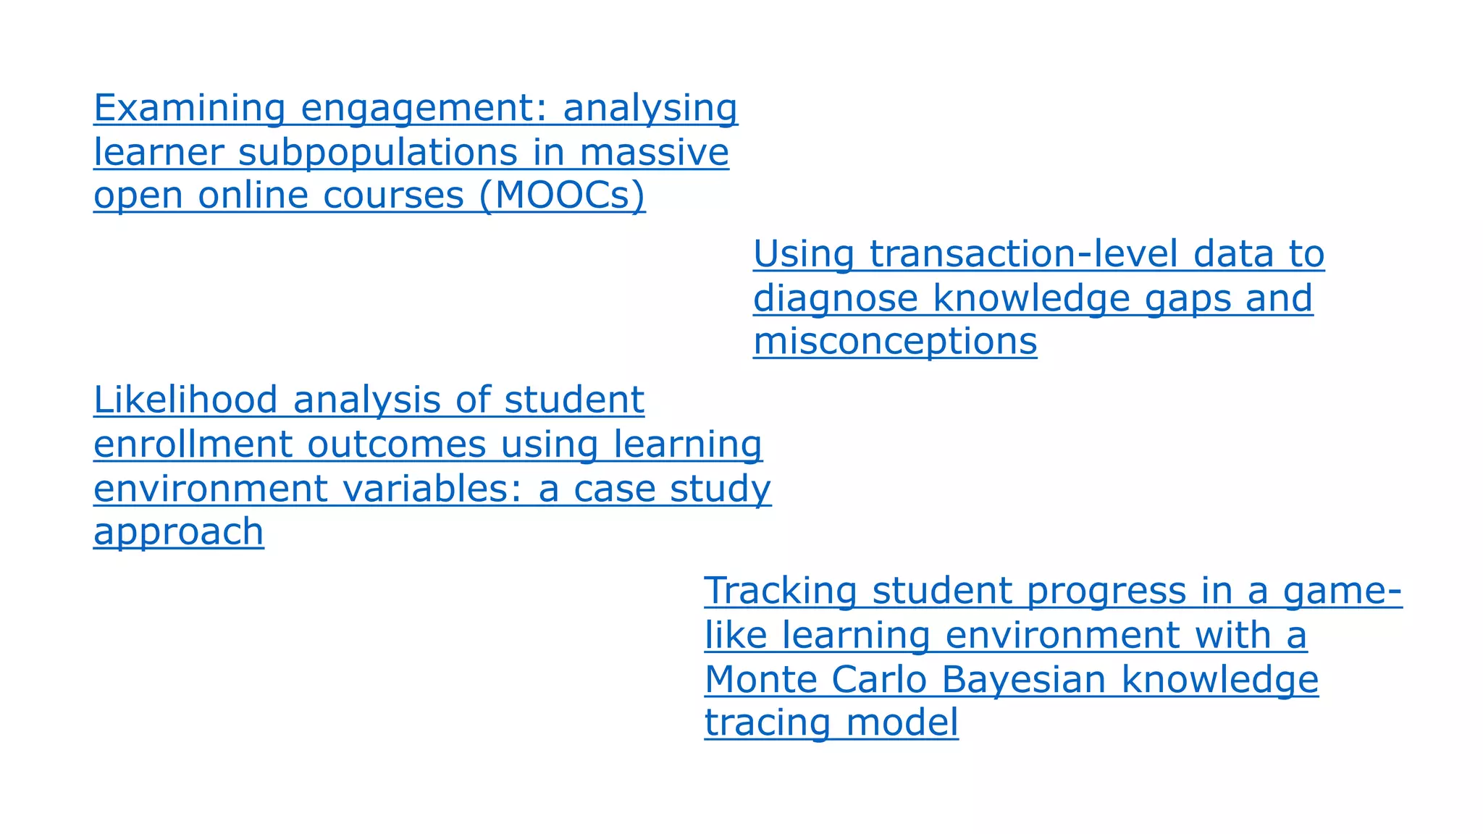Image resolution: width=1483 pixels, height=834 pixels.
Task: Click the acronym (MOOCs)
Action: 562,195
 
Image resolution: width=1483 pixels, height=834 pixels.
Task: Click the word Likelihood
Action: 186,400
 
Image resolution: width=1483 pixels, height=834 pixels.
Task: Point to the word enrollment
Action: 192,445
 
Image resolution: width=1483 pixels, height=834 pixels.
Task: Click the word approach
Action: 178,533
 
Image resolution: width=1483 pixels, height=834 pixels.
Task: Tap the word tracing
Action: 768,723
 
